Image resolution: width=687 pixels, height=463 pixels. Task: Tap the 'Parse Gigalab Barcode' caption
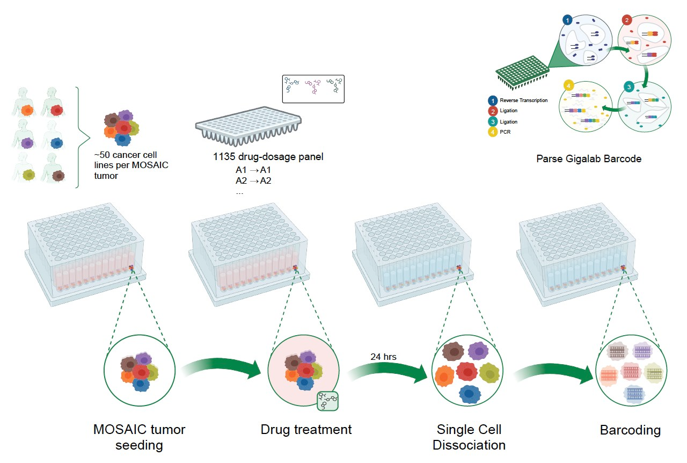click(589, 159)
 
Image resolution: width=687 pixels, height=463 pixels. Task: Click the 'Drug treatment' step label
click(306, 430)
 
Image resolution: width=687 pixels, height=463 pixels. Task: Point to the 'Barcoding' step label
click(630, 430)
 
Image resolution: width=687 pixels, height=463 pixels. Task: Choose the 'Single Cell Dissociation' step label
click(469, 437)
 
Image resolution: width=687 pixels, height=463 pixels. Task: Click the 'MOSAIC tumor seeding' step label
click(139, 437)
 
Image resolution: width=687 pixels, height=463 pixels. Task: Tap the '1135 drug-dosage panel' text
click(268, 157)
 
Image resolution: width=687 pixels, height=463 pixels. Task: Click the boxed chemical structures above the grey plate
click(313, 89)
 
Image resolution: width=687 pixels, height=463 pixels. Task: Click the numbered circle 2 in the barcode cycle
click(626, 20)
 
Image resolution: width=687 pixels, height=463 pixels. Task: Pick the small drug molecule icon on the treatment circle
click(327, 400)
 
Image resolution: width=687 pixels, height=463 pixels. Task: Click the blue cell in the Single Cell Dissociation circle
click(470, 394)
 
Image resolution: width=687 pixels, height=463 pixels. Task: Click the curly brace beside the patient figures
click(81, 137)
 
